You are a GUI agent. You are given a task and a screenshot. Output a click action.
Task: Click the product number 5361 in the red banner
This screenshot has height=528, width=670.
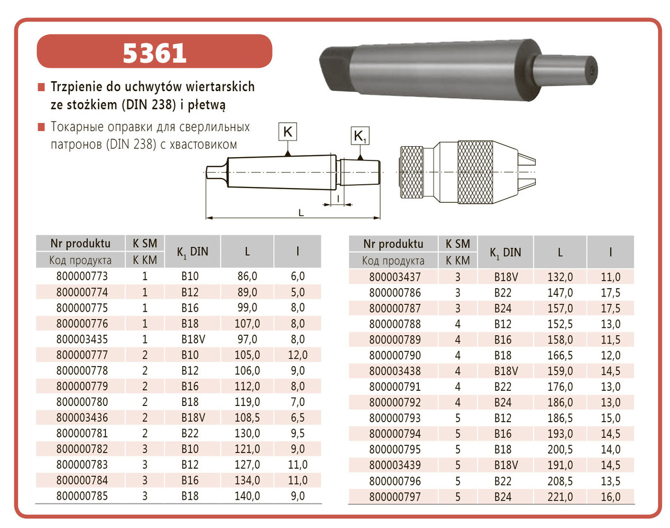point(154,53)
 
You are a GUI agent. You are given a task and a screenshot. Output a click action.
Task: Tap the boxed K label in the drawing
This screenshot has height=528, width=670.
point(287,131)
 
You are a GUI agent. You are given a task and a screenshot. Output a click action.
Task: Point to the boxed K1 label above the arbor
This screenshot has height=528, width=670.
point(360,136)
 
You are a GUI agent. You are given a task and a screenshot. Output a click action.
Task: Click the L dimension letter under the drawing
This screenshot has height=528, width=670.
point(301,213)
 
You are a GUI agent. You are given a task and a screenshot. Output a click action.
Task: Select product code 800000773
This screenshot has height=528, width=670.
point(82,276)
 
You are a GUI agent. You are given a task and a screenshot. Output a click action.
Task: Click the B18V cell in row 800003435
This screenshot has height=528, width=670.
point(193,339)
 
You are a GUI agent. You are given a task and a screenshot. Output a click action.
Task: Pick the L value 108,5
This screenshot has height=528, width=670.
point(247,417)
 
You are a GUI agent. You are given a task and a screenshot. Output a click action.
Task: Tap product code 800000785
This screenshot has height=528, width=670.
point(82,496)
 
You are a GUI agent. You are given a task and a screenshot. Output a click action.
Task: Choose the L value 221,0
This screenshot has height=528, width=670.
point(560,497)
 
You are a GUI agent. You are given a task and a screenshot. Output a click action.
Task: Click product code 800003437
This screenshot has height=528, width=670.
point(395,277)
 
